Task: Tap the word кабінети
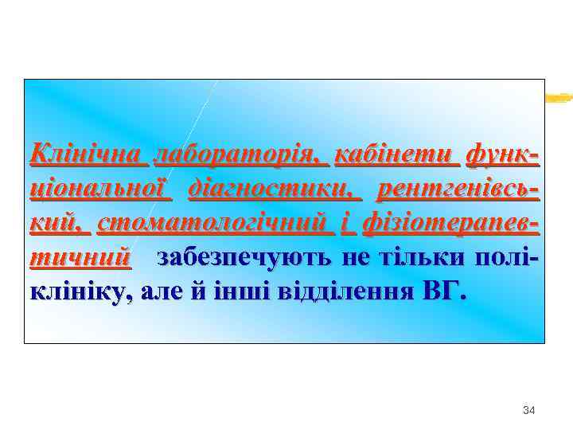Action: coord(399,153)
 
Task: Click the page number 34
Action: coord(528,410)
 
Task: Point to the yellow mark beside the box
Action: coord(559,98)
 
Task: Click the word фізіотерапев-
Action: coord(450,224)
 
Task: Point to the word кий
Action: coord(56,224)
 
